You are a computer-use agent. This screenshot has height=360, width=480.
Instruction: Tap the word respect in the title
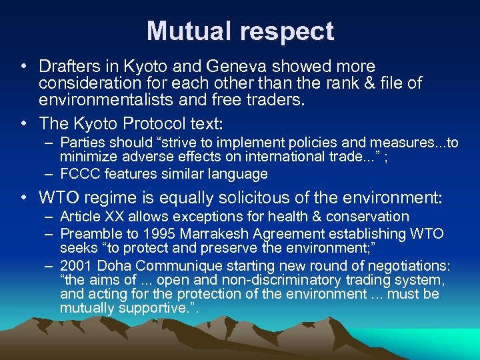tap(280, 31)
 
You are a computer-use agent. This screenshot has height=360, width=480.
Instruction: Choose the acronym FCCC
tap(79, 174)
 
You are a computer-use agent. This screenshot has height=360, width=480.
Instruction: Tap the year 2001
tap(75, 265)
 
